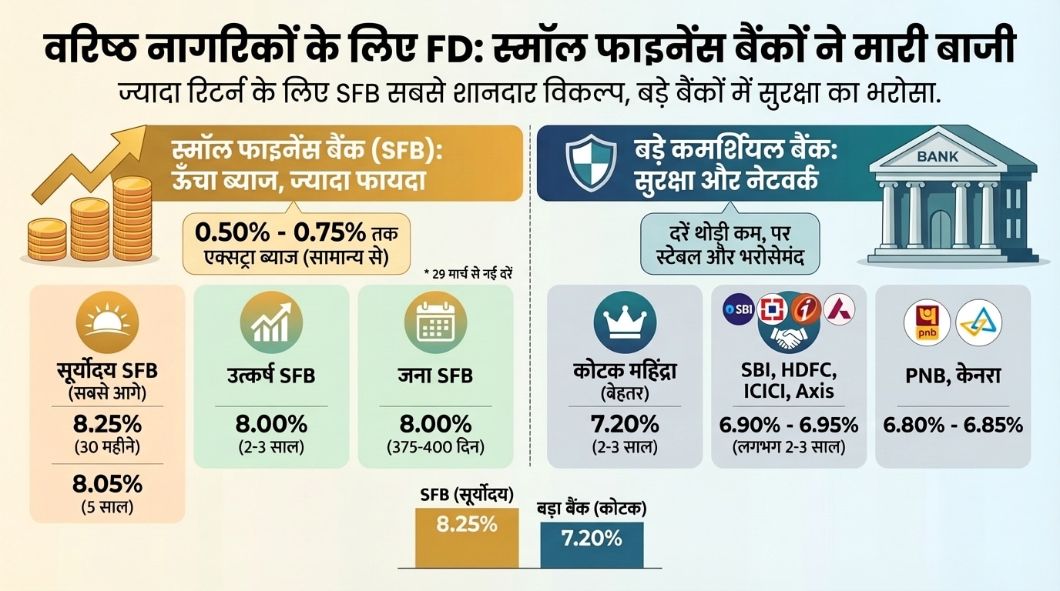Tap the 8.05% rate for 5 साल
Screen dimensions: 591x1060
point(107,484)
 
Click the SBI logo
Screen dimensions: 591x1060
point(738,309)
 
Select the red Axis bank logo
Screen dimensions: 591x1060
point(839,309)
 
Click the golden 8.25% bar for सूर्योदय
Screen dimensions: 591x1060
point(467,537)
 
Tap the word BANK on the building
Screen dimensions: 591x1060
point(937,156)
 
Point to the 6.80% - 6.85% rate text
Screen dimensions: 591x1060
point(953,424)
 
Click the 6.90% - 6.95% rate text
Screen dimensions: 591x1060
point(788,424)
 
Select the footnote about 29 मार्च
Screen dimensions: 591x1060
point(473,273)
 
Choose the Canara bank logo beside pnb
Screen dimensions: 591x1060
point(978,322)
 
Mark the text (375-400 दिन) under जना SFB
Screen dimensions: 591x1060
point(435,446)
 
